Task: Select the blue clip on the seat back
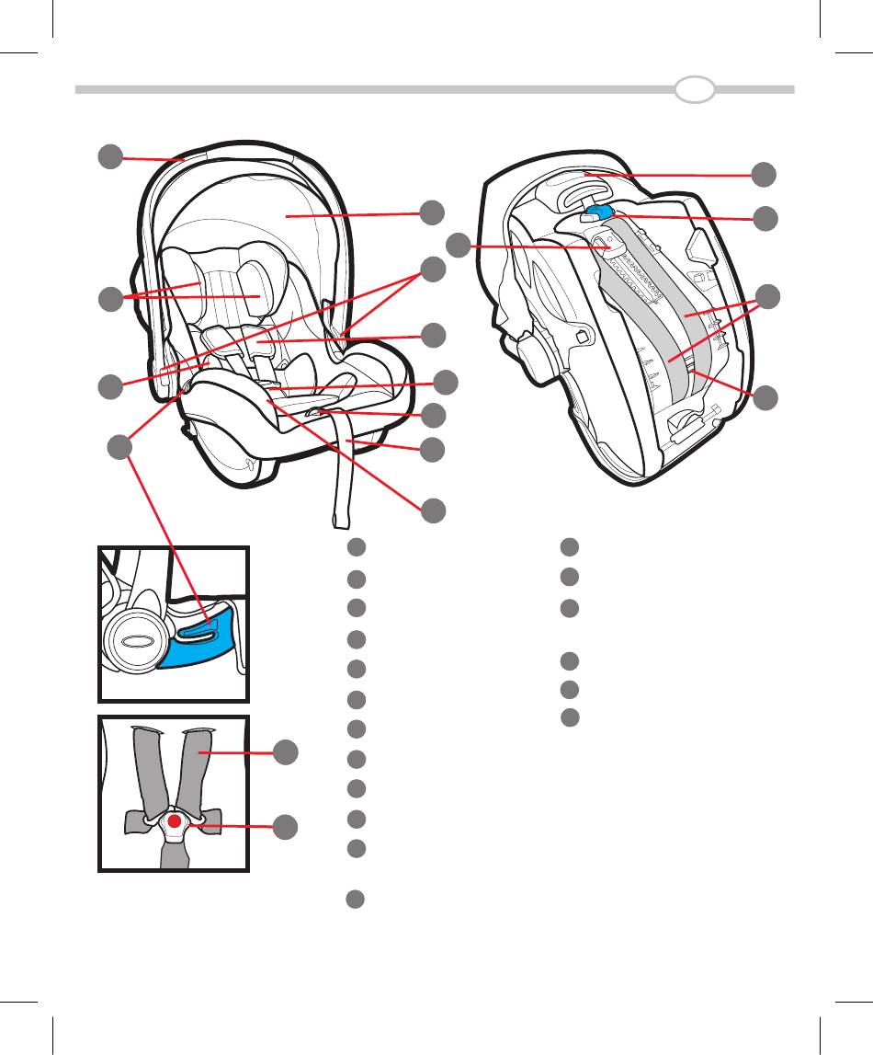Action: (x=598, y=212)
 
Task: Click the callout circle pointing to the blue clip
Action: (x=763, y=219)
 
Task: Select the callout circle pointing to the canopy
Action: (x=431, y=212)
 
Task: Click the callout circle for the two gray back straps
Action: (x=763, y=297)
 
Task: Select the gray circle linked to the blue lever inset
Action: (x=119, y=449)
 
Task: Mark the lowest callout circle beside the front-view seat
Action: (x=432, y=510)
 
